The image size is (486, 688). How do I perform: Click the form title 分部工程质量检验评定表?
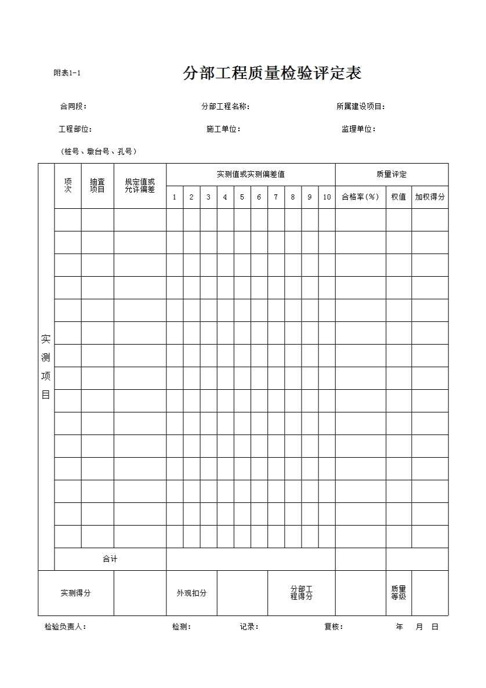[x=272, y=74]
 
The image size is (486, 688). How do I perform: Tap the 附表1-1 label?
[x=67, y=73]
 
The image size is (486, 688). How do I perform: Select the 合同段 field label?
[x=73, y=107]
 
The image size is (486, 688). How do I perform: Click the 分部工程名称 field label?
[x=225, y=107]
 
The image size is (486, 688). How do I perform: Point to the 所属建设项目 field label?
[x=361, y=107]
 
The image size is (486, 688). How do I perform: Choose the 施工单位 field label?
[x=223, y=129]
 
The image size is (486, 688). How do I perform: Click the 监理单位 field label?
[x=358, y=129]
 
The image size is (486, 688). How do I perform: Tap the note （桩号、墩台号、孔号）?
[x=99, y=152]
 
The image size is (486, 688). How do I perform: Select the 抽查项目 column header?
[x=97, y=186]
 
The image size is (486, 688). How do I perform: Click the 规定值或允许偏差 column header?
[x=140, y=186]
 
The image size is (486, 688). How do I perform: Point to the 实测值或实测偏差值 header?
[x=251, y=175]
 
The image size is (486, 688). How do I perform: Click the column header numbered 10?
[x=327, y=197]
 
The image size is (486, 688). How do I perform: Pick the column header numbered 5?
[x=242, y=197]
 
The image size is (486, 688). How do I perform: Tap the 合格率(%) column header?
[x=360, y=197]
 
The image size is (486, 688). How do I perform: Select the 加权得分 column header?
[x=430, y=197]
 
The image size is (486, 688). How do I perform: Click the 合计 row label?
[x=110, y=559]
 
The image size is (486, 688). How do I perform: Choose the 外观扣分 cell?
[x=191, y=593]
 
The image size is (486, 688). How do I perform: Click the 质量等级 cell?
[x=398, y=593]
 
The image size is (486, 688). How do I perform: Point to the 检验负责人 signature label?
[x=65, y=627]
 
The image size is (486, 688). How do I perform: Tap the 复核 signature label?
[x=333, y=627]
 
